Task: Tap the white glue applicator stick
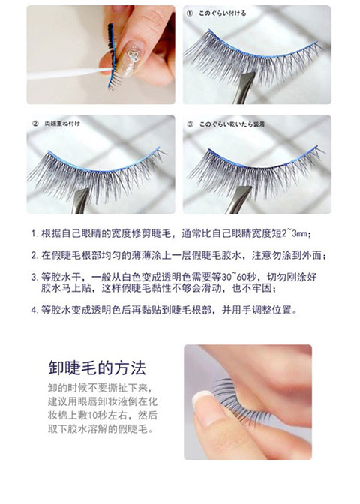pos(69,73)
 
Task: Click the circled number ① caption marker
pos(190,13)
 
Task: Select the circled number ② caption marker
pos(35,124)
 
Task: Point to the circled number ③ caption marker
pos(190,124)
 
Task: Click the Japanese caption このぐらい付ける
pos(223,13)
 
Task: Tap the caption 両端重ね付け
pos(62,124)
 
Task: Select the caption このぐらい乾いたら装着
pos(232,124)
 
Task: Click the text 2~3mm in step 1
pos(295,233)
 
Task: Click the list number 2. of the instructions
pos(34,256)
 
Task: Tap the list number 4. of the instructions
pos(34,310)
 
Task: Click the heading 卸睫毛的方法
pos(97,367)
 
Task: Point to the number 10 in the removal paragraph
pos(92,415)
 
